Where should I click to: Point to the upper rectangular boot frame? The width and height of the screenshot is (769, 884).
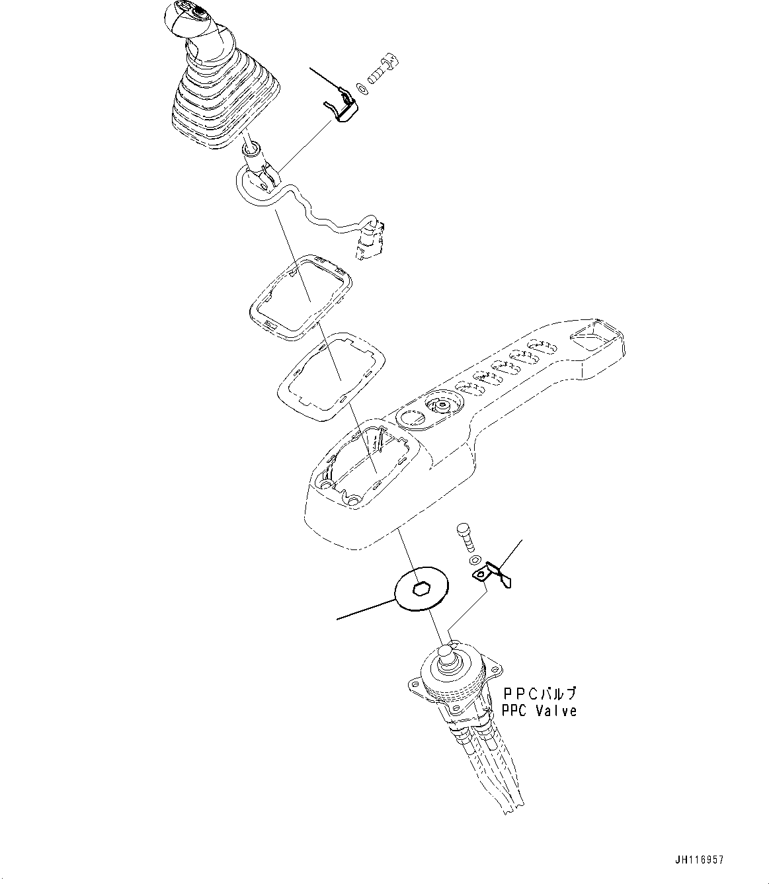(301, 297)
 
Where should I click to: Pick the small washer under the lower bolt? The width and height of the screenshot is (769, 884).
(474, 561)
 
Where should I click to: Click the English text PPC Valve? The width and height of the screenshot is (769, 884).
(538, 711)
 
